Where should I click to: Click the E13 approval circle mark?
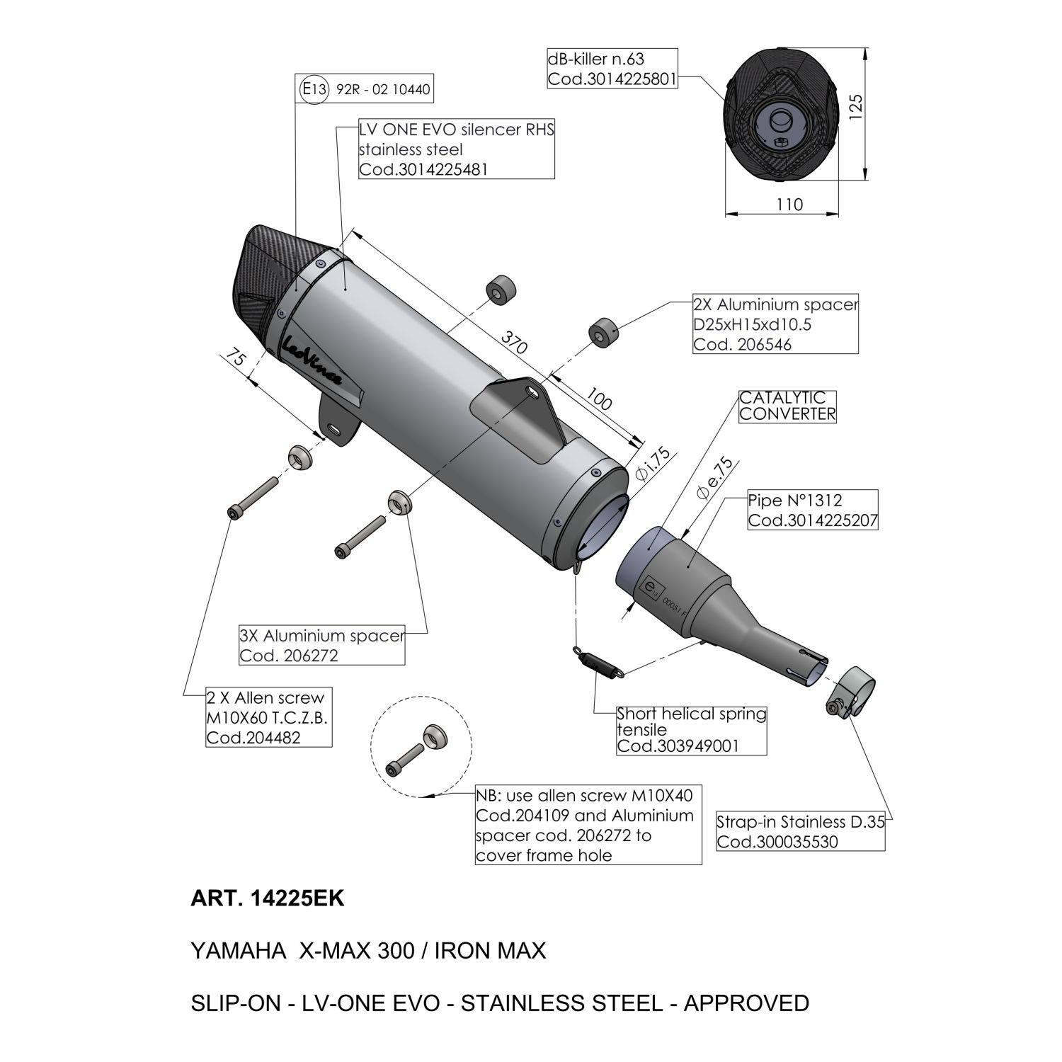pos(314,90)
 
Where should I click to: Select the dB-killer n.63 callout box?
pos(612,68)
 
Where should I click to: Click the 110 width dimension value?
pos(790,204)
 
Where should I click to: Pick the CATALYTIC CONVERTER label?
pos(787,406)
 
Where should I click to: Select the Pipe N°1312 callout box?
pos(813,510)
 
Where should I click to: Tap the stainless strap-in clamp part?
pos(852,690)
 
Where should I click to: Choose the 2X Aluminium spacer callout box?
pos(775,324)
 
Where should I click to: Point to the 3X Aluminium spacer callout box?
pos(322,645)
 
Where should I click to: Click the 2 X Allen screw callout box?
pos(268,717)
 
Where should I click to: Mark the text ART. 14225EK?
pos(267,898)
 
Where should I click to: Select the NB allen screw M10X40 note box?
pos(588,825)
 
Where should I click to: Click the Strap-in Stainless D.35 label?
pos(800,831)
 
